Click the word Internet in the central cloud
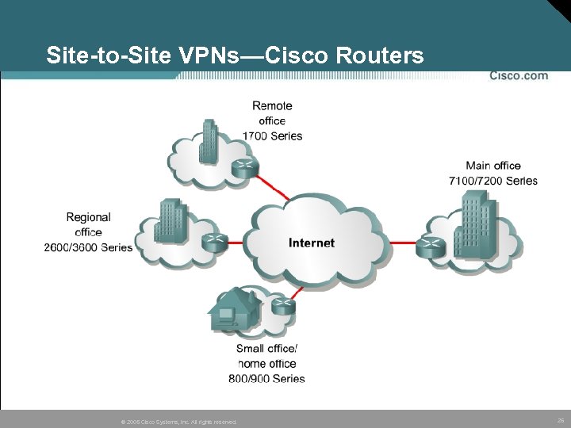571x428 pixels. [x=312, y=243]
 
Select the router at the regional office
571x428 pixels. [x=213, y=243]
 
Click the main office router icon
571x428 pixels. [x=431, y=246]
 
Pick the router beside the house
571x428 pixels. [x=282, y=304]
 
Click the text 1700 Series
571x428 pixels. [x=272, y=136]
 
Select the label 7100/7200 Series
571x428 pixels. [x=493, y=181]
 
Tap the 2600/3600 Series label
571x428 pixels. [x=88, y=247]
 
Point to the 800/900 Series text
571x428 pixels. [x=266, y=379]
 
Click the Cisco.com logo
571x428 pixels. [x=518, y=76]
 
